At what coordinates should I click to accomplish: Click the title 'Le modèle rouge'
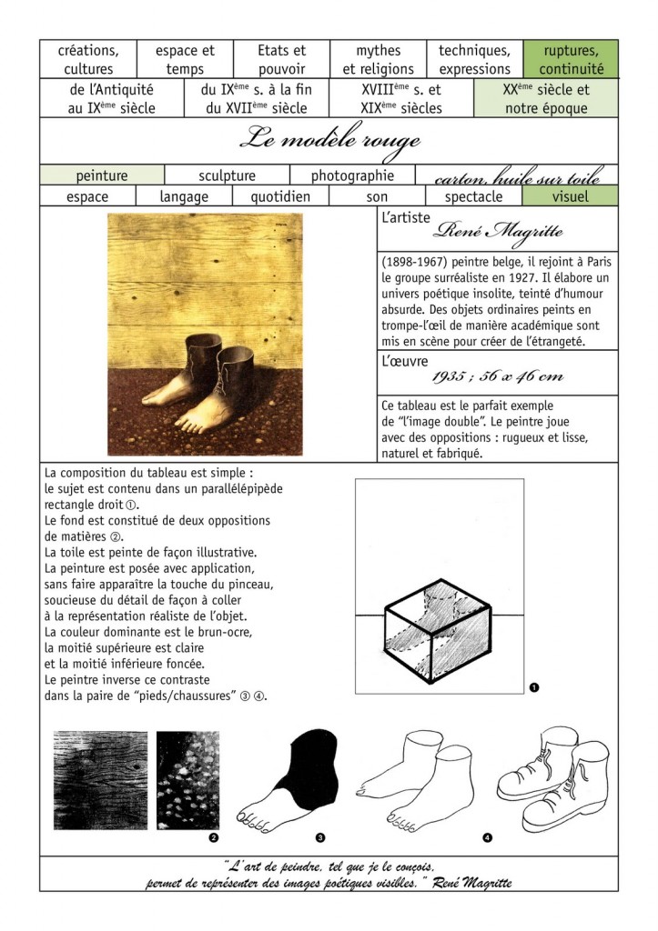[329, 141]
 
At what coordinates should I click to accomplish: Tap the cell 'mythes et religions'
[378, 59]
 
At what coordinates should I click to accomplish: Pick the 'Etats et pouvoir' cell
[281, 59]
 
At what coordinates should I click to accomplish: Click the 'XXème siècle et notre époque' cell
[545, 99]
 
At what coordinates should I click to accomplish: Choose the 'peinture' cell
[102, 175]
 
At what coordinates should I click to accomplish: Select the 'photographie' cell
[352, 175]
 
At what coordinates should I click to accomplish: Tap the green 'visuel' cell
[570, 195]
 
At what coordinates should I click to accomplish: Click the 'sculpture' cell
[227, 175]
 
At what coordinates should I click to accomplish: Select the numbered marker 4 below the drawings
[488, 836]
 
